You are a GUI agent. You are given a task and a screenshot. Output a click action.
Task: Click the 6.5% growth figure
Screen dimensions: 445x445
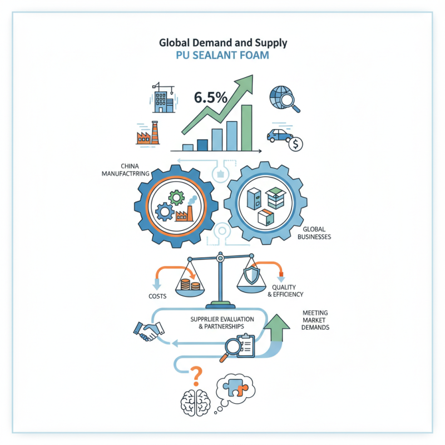point(211,98)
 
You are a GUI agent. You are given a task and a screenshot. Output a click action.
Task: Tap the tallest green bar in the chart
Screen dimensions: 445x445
point(246,128)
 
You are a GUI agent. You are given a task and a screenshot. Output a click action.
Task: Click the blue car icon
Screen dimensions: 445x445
point(280,136)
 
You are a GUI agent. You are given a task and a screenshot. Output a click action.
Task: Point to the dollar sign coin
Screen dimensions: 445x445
point(296,144)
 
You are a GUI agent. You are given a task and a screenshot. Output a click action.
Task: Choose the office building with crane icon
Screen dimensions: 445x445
point(163,98)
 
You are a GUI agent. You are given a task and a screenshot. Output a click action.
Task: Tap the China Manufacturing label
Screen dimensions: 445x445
point(126,170)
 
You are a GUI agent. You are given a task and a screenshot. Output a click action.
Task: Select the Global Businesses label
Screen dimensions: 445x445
point(314,233)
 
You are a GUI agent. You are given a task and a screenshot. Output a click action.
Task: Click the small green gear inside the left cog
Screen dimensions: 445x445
point(176,197)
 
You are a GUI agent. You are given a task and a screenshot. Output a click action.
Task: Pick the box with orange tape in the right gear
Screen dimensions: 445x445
point(266,217)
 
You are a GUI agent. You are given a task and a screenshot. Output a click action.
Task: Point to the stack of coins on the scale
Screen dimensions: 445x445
point(190,284)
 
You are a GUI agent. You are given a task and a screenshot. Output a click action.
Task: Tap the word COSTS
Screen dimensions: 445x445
point(157,296)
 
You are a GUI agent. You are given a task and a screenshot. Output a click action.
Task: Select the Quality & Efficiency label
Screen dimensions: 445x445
point(285,291)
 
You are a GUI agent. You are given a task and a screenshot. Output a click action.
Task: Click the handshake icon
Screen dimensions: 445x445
point(149,331)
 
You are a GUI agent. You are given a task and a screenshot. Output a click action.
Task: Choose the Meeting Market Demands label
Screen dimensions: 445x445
point(315,320)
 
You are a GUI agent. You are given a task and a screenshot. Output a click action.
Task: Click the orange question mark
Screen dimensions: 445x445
point(196,377)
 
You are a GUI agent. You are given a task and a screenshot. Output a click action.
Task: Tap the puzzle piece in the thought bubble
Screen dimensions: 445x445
point(235,387)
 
